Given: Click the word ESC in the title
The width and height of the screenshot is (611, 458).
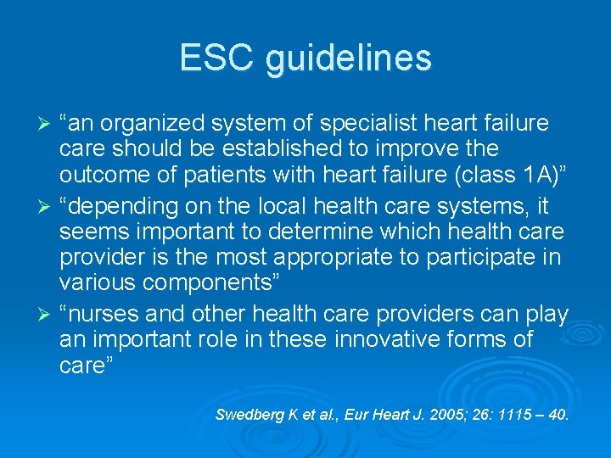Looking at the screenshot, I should point(216,59).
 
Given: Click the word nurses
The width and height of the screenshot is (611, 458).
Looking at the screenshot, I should point(104,314).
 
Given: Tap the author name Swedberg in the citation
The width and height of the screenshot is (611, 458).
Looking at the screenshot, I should point(247,415).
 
